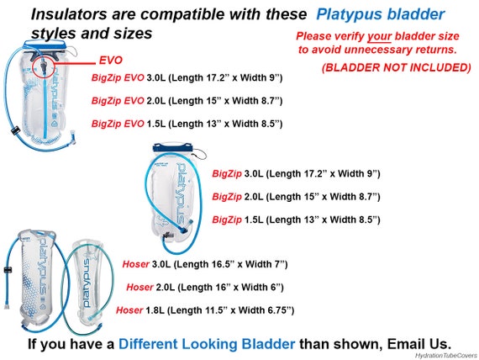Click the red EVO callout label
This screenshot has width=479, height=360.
[x=111, y=61]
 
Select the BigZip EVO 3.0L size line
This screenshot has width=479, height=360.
[x=187, y=77]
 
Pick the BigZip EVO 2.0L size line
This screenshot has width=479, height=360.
[x=187, y=101]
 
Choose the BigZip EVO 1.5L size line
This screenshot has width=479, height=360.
[x=187, y=124]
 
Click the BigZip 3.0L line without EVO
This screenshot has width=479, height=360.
[x=296, y=174]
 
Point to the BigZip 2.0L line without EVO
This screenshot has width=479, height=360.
[x=296, y=197]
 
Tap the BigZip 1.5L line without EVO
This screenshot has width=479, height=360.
[x=296, y=220]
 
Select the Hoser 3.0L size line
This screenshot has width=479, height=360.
[x=205, y=264]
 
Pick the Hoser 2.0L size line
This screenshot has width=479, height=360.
[x=205, y=287]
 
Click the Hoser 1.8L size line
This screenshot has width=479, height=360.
[x=205, y=310]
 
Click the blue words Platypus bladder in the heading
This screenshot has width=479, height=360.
[x=381, y=14]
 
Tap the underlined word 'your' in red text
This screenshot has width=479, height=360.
[x=379, y=36]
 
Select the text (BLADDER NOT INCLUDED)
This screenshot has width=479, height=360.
[x=396, y=67]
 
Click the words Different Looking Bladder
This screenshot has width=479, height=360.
[x=207, y=344]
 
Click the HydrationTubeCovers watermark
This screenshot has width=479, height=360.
[x=445, y=356]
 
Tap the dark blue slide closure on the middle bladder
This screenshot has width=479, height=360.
[x=172, y=147]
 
